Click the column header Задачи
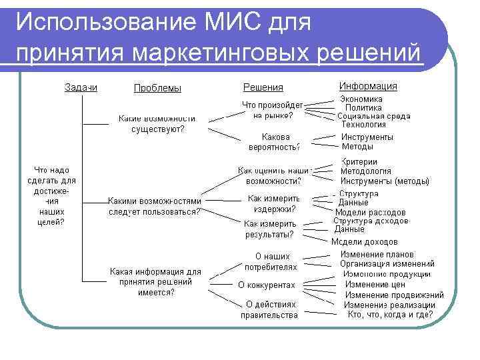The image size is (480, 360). click(x=81, y=87)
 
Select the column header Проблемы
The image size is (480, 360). click(x=157, y=88)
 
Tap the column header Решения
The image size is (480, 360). click(x=263, y=87)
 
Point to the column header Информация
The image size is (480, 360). click(x=368, y=86)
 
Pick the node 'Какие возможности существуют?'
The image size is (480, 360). click(x=158, y=123)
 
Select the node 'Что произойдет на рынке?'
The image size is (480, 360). click(x=273, y=109)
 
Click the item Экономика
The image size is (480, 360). click(x=362, y=99)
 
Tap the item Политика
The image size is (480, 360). click(x=363, y=107)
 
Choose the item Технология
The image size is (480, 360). click(x=363, y=124)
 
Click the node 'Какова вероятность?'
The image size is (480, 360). click(x=273, y=141)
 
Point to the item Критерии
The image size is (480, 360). click(x=359, y=161)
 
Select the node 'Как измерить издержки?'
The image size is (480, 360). click(x=273, y=203)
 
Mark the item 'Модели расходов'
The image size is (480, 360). click(x=370, y=212)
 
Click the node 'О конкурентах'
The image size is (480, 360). click(x=267, y=285)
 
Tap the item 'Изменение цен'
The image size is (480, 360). click(x=375, y=284)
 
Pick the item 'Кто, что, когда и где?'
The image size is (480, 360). click(x=390, y=315)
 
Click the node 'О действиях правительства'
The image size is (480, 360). click(x=269, y=310)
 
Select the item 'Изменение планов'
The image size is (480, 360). click(x=377, y=254)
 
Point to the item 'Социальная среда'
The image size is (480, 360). click(x=373, y=115)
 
